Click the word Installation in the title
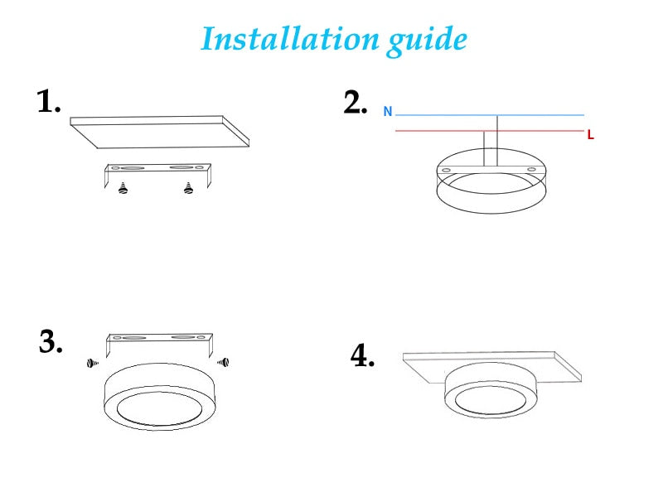click(x=290, y=38)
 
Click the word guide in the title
click(x=427, y=40)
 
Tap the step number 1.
click(x=49, y=102)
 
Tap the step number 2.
click(x=355, y=103)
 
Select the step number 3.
click(x=51, y=341)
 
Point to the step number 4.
click(x=362, y=356)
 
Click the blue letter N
click(x=387, y=112)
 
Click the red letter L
click(x=590, y=135)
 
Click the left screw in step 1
click(x=123, y=188)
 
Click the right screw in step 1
click(x=188, y=188)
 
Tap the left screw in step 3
click(x=92, y=363)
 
